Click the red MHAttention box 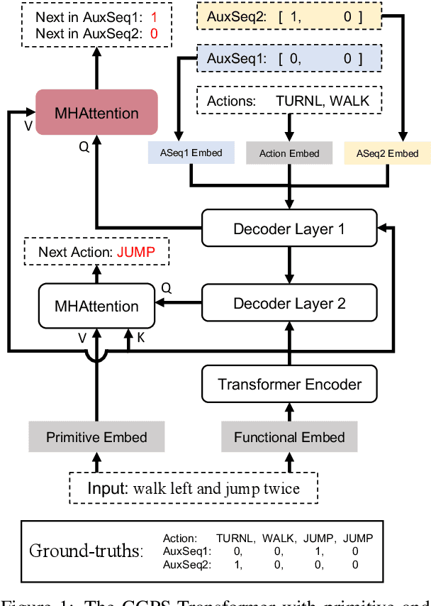click(97, 113)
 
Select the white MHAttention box click(97, 306)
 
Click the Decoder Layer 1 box click(290, 229)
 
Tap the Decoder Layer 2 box click(290, 304)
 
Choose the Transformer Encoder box click(290, 385)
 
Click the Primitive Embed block click(96, 437)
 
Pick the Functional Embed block click(290, 437)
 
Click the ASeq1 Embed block click(190, 153)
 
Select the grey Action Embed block click(289, 153)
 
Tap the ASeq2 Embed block click(387, 153)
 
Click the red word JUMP click(135, 252)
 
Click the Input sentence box click(194, 488)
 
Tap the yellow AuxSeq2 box click(288, 17)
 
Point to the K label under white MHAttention click(140, 338)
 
